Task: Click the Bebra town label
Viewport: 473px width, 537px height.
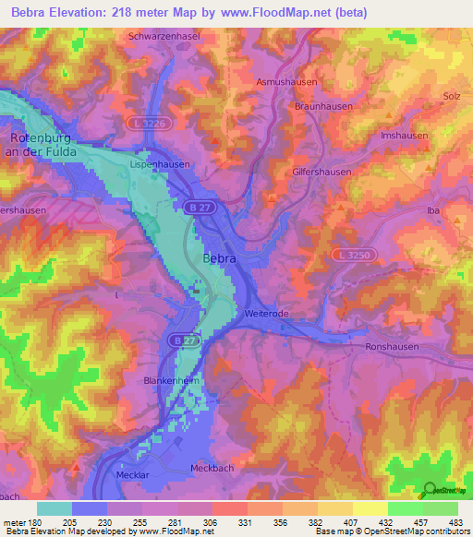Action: click(x=219, y=259)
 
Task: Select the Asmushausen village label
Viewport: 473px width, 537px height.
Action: click(x=287, y=81)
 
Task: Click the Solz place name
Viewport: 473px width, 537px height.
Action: click(x=451, y=97)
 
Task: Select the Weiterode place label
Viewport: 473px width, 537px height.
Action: click(x=267, y=314)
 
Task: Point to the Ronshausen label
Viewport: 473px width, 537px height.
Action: click(x=391, y=347)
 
